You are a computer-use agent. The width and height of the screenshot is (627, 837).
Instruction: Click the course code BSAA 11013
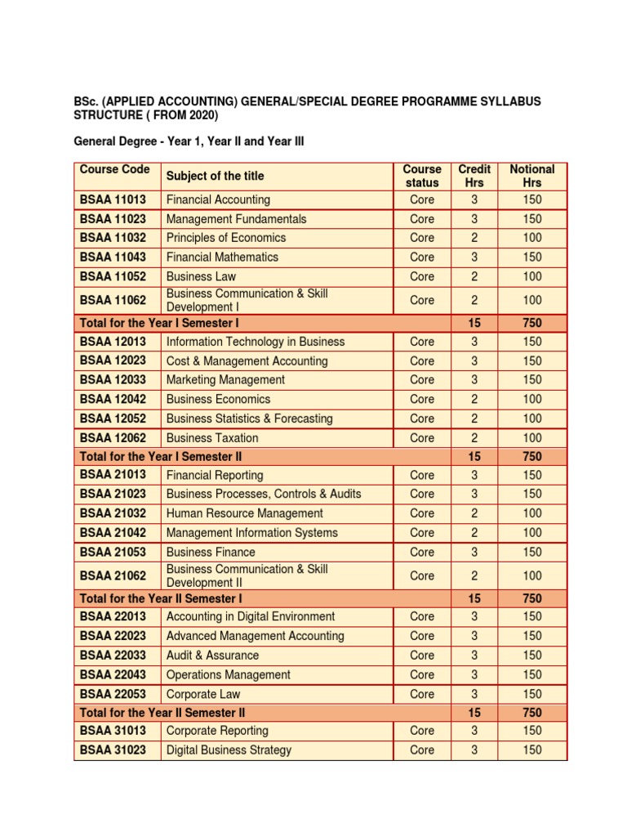[x=113, y=199]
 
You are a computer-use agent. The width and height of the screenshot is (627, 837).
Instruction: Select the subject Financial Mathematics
[x=222, y=257]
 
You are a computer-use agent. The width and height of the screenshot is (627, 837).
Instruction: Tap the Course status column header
[x=422, y=176]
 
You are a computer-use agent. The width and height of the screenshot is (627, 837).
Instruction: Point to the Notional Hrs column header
[x=531, y=176]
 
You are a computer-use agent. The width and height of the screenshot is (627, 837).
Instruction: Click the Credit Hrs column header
[x=474, y=176]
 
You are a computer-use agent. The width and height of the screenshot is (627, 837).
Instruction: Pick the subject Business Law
[x=201, y=276]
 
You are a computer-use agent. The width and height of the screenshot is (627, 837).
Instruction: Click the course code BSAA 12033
[x=113, y=380]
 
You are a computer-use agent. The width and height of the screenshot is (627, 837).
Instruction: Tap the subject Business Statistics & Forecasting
[x=249, y=418]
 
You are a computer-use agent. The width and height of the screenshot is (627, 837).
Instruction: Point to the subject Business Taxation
[x=212, y=438]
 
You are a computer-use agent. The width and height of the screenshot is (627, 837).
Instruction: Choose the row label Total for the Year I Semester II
[x=161, y=457]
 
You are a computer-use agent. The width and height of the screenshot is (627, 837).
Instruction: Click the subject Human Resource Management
[x=244, y=513]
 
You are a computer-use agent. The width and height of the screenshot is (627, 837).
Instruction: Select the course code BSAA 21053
[x=113, y=552]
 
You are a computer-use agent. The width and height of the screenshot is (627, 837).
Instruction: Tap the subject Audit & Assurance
[x=212, y=656]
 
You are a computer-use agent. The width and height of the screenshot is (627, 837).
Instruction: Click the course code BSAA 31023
[x=113, y=750]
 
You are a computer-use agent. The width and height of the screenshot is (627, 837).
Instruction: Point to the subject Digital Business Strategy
[x=229, y=750]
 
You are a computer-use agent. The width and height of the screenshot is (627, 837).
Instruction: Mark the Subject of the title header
[x=215, y=176]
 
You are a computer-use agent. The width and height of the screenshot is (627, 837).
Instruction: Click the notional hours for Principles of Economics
[x=531, y=238]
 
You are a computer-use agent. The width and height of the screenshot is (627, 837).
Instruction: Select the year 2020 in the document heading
[x=199, y=116]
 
